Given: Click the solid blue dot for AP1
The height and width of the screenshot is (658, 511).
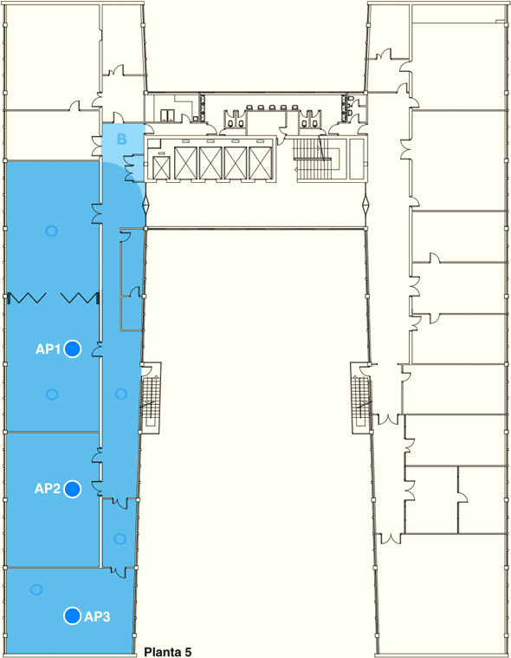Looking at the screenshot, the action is click(73, 349).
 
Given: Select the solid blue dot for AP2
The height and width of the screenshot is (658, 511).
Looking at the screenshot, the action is click(73, 489).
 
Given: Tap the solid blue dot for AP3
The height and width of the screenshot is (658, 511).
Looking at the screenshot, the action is click(72, 616).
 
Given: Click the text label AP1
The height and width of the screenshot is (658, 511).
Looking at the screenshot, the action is click(48, 349).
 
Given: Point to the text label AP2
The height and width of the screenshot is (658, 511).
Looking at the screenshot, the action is click(48, 488).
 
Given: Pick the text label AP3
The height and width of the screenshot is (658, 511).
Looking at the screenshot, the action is click(97, 616).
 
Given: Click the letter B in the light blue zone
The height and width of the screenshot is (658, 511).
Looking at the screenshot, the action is click(121, 139).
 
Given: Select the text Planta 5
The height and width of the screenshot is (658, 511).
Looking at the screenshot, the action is click(168, 652).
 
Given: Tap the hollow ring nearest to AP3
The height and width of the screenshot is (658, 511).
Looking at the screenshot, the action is click(36, 590).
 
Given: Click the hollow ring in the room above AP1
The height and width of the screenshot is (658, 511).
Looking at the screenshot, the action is click(52, 231).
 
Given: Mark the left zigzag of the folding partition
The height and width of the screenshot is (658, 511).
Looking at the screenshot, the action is click(26, 298).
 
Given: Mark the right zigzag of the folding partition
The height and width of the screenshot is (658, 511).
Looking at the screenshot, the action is click(80, 298).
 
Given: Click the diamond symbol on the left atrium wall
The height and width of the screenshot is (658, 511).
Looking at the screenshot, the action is click(146, 205).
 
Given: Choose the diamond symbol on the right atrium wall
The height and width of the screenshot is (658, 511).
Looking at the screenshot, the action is click(366, 205).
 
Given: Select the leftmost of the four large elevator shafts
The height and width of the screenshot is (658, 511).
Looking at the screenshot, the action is click(185, 164).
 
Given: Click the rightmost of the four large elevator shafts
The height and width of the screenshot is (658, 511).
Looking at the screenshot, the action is click(261, 164).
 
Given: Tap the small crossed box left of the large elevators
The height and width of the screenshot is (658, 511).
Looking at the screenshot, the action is click(160, 167).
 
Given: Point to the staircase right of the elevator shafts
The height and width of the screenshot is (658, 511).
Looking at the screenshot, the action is click(317, 159).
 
